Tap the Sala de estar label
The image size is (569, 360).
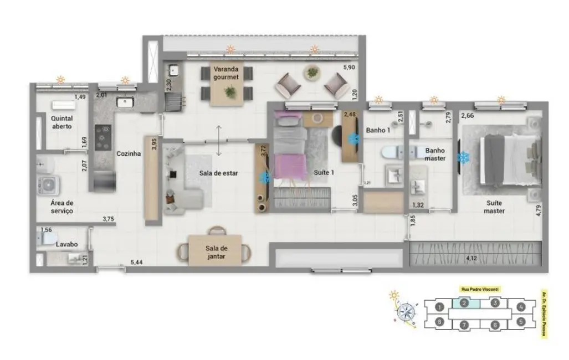point(219,173)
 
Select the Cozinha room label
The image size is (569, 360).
point(128,154)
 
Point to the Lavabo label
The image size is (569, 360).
point(65,244)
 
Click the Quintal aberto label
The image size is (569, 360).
point(61,122)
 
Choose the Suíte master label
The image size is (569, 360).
point(494,207)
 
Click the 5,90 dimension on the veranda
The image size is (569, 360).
point(349,68)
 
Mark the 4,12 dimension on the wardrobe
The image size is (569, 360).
point(472,258)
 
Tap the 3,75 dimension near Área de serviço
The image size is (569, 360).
point(109,219)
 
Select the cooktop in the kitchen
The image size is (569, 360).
point(103,137)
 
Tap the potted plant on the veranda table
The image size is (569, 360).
point(229,92)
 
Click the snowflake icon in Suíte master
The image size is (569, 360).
point(462,158)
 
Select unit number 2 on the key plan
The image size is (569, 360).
point(465,303)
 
